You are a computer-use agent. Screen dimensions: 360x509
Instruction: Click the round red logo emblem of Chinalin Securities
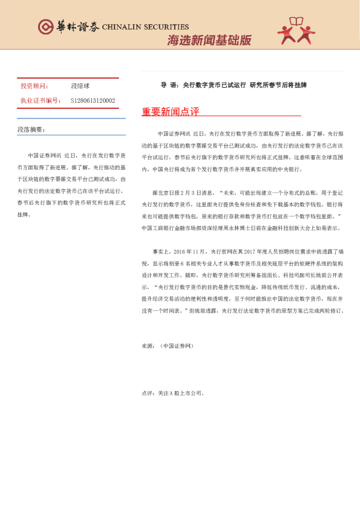coord(44,26)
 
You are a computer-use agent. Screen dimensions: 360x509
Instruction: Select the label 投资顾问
coord(34,86)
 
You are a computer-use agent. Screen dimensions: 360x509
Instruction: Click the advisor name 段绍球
coord(81,86)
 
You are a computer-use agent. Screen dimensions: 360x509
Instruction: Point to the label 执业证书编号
coord(40,100)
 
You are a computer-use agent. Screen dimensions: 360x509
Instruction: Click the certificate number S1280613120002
coord(93,100)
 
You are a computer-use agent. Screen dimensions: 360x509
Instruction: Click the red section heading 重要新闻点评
coord(170,112)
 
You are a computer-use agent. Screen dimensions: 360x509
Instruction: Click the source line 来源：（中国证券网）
coord(168,346)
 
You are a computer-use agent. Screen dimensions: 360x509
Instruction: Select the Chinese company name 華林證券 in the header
coord(76,27)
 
